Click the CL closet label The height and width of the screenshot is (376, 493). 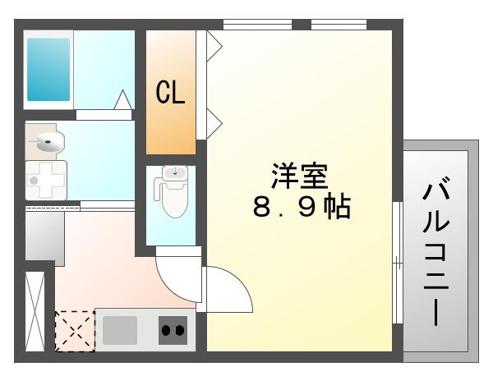(x=171, y=94)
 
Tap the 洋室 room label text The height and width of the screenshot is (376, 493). (x=300, y=177)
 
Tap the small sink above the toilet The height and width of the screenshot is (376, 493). (x=175, y=173)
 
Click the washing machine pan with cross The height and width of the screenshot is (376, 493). (x=46, y=180)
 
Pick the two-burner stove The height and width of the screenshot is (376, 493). (x=173, y=330)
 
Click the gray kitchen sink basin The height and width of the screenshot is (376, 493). (x=121, y=330)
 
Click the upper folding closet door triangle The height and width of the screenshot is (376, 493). (x=214, y=45)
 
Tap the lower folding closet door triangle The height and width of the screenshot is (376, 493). (x=214, y=123)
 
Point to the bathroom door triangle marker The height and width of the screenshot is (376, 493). (x=122, y=101)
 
